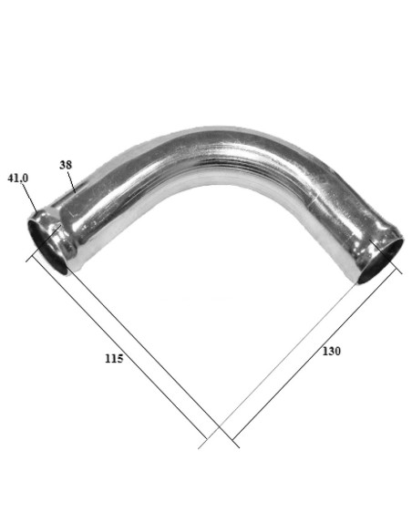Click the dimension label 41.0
[18, 178]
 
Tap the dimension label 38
[66, 166]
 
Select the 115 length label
[114, 358]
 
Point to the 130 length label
[331, 352]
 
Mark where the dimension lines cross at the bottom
[220, 429]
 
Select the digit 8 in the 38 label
[69, 166]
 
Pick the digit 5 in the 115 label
[120, 358]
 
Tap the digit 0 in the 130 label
[337, 352]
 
